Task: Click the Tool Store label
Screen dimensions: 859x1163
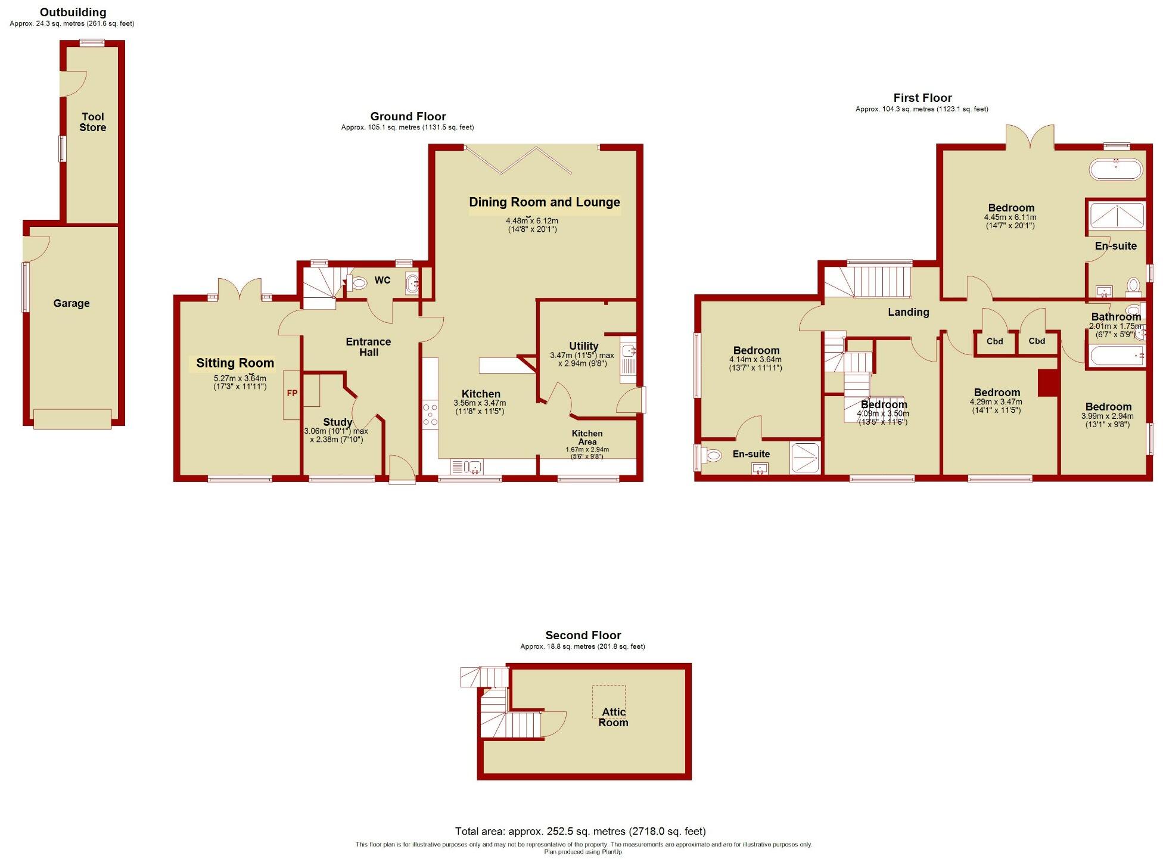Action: tap(92, 122)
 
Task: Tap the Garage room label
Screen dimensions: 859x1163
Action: tap(71, 303)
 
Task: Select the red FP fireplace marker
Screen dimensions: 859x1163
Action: tap(292, 393)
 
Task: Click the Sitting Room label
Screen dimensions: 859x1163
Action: tap(235, 363)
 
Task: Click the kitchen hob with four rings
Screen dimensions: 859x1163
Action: tap(430, 415)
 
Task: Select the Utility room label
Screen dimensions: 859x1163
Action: tap(583, 346)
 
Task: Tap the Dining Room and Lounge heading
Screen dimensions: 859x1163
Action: tap(544, 202)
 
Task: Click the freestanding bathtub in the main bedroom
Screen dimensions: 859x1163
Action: tap(1115, 169)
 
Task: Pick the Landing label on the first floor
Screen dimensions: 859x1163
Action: tap(908, 312)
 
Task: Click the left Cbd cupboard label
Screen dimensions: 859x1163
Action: tap(994, 341)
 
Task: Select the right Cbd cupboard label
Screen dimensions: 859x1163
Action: tap(1037, 341)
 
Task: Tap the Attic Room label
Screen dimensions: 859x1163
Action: tap(613, 717)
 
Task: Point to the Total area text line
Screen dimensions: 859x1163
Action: tap(580, 831)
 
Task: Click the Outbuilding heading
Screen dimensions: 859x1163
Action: tap(73, 12)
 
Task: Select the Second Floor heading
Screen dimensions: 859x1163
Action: tap(583, 635)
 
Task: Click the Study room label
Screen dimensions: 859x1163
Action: tap(337, 422)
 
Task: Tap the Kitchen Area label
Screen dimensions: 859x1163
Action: tap(587, 438)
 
